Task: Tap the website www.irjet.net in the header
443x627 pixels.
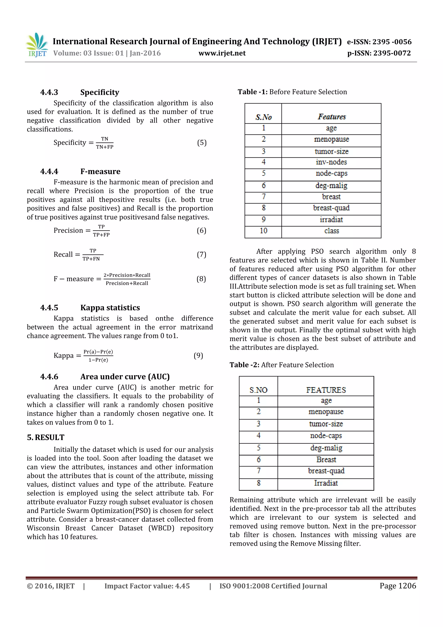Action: point(222,53)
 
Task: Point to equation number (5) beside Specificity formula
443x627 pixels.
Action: point(202,143)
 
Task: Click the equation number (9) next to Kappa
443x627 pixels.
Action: point(198,355)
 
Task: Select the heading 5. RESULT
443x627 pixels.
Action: point(46,437)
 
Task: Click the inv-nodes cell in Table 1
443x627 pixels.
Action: point(331,162)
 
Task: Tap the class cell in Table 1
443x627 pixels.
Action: point(331,231)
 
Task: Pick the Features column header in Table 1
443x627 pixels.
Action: point(331,117)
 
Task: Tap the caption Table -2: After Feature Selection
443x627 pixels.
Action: point(281,365)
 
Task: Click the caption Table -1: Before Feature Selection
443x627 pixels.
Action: point(292,92)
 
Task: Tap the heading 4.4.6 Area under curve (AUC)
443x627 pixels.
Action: point(105,377)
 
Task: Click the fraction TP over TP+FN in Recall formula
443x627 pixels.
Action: point(93,255)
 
